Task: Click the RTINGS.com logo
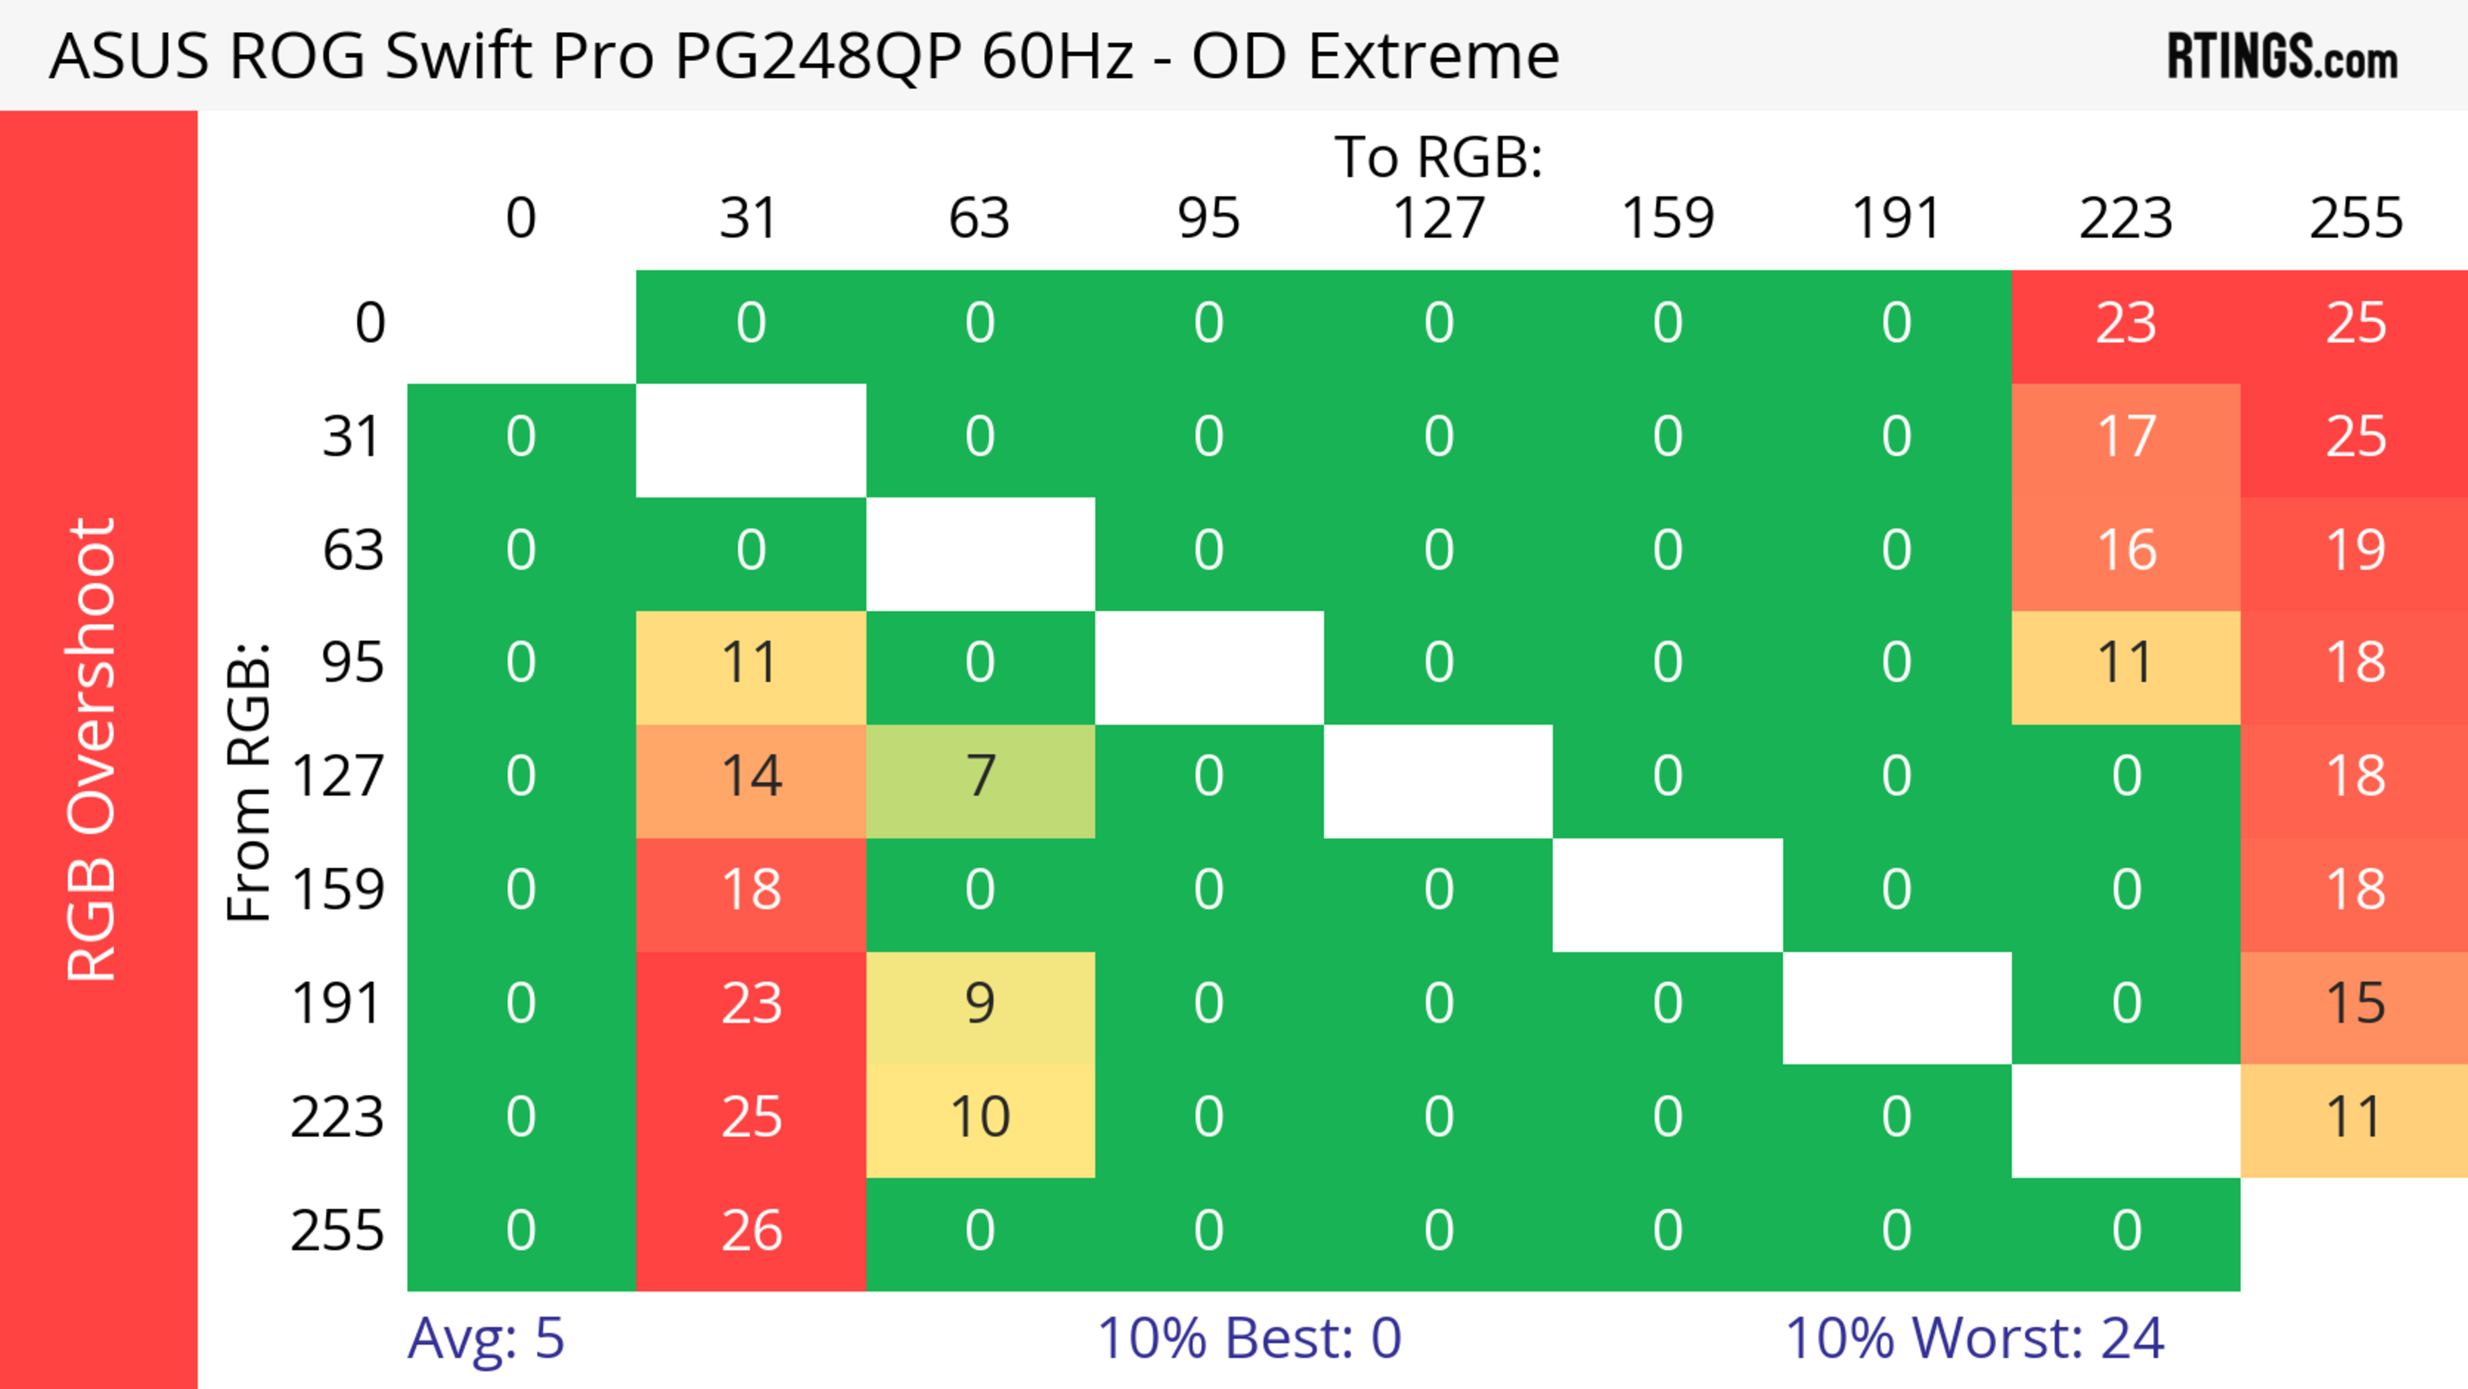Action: pyautogui.click(x=2282, y=57)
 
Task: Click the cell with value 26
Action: pyautogui.click(x=751, y=1232)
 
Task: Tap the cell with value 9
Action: pyautogui.click(x=980, y=1005)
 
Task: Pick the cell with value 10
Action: pyautogui.click(x=980, y=1118)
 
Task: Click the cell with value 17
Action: pyautogui.click(x=2126, y=438)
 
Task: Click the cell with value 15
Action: pyautogui.click(x=2355, y=1005)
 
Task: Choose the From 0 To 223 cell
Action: pyautogui.click(x=2126, y=324)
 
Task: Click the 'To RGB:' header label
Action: pyautogui.click(x=1438, y=157)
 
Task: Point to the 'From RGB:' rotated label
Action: pyautogui.click(x=249, y=781)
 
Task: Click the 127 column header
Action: pyautogui.click(x=1438, y=219)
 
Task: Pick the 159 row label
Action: pyautogui.click(x=338, y=891)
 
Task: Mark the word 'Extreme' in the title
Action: pyautogui.click(x=1433, y=57)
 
